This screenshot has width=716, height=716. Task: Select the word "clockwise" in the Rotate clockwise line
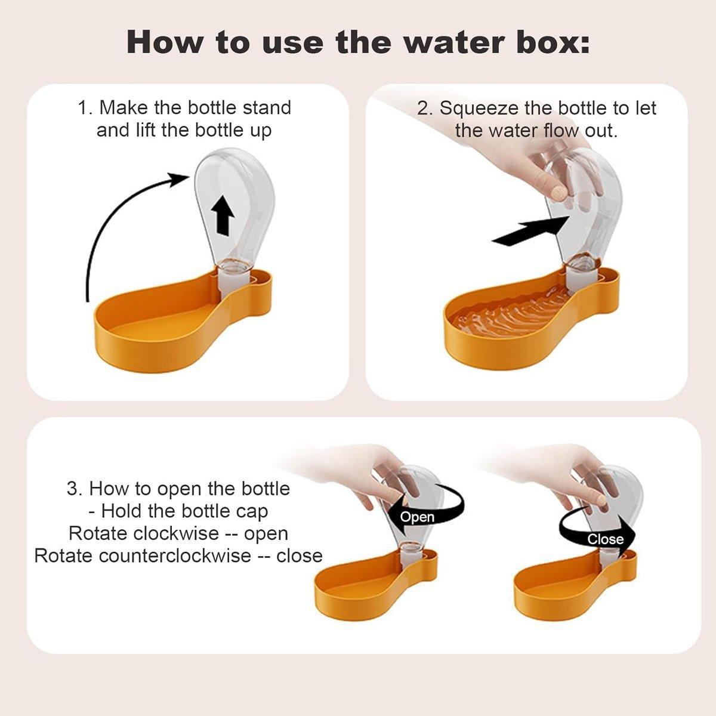click(176, 533)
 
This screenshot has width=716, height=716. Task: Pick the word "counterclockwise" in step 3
click(175, 556)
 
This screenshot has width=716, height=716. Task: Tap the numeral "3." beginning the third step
click(75, 489)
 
